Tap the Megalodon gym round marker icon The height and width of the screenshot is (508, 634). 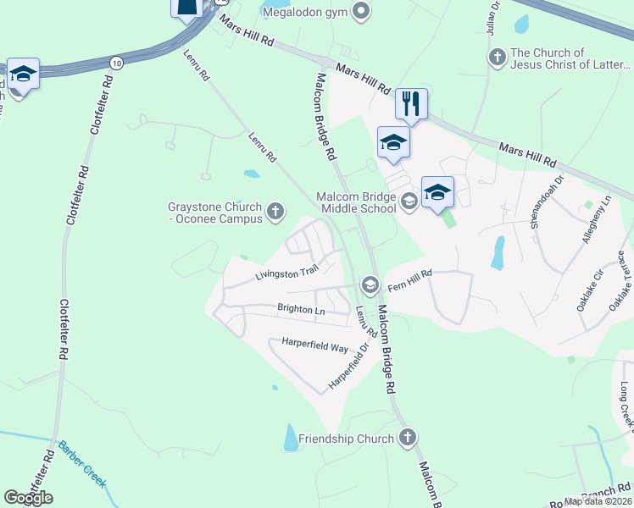361,12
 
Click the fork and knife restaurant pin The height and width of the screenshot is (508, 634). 410,103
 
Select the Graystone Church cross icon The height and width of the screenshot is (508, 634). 275,211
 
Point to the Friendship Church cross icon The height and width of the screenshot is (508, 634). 407,438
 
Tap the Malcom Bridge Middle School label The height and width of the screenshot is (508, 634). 356,202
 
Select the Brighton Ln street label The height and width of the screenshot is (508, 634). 301,311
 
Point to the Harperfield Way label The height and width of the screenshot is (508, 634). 315,346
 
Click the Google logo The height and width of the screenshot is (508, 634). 28,498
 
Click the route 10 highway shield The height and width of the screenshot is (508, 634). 116,63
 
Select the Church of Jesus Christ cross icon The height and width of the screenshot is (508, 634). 497,58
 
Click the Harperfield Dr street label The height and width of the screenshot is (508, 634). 349,365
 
